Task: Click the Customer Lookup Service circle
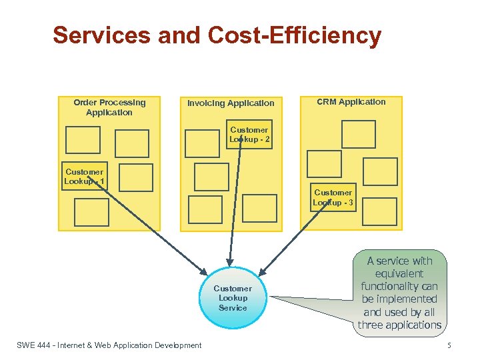point(233,298)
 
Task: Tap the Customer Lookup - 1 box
point(84,177)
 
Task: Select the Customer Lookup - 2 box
point(249,135)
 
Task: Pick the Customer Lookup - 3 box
point(333,197)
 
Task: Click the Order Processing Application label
point(109,107)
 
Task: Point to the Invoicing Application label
point(231,103)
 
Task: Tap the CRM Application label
point(351,102)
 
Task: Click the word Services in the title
point(103,35)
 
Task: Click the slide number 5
point(449,345)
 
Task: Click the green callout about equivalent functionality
point(399,293)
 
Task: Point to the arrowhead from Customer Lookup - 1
point(205,269)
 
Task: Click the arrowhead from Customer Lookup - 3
point(262,273)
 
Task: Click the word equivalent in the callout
point(399,273)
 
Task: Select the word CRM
point(326,102)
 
